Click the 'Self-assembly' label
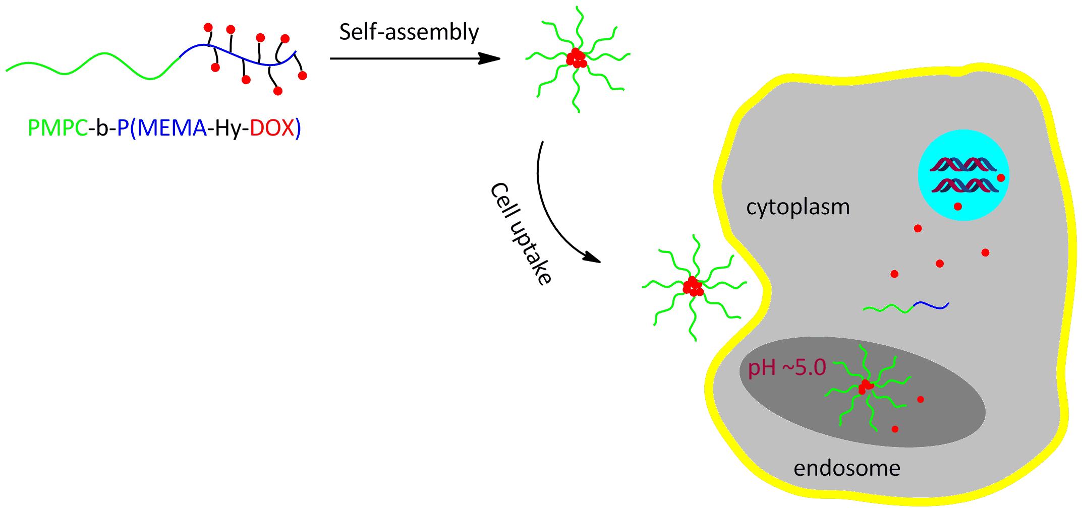coord(409,33)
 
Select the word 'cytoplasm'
coord(798,207)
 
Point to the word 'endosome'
coord(847,468)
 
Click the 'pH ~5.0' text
coord(787,368)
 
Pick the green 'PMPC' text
coord(58,129)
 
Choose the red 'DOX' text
coord(272,129)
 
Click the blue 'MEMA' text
coord(172,129)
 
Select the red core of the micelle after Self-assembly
coord(576,58)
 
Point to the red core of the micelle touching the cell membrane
coord(693,287)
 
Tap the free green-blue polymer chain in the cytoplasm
coord(906,306)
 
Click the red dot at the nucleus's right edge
coord(1001,177)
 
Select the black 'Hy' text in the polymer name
coord(226,129)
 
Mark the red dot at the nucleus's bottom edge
coord(958,206)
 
